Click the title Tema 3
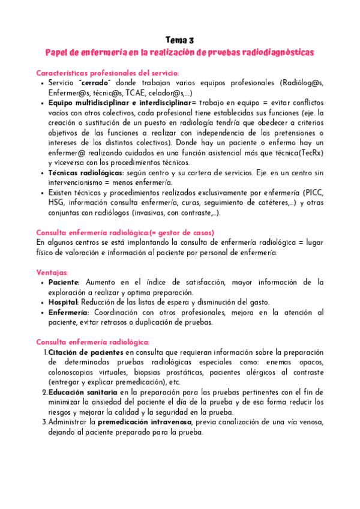pyautogui.click(x=179, y=40)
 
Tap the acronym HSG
pyautogui.click(x=56, y=203)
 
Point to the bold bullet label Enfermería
pyautogui.click(x=68, y=312)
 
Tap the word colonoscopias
pyautogui.click(x=72, y=372)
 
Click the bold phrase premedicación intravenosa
pyautogui.click(x=149, y=422)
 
